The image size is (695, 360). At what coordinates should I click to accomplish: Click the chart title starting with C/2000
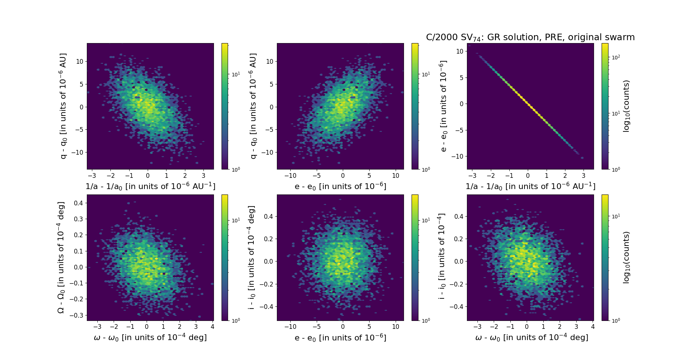530,37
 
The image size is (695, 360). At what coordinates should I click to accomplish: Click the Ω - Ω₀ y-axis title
62,258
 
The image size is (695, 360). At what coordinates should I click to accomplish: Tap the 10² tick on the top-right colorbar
616,57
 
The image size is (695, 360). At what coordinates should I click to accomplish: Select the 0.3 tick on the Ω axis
78,219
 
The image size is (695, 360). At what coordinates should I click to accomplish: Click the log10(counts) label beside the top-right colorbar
627,106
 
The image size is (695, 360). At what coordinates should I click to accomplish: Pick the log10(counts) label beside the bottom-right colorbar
627,258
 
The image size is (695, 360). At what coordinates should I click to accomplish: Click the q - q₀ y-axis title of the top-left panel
63,106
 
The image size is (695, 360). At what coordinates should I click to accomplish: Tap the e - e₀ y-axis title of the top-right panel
443,106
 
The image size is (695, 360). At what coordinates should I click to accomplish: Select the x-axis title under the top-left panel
150,186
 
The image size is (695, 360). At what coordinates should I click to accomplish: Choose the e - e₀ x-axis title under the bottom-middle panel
340,338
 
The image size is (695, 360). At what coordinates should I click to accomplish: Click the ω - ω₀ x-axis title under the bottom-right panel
531,338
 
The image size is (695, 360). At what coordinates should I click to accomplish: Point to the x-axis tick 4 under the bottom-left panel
212,327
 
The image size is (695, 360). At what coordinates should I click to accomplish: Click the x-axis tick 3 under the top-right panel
584,176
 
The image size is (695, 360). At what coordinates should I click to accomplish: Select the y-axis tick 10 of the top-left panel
79,61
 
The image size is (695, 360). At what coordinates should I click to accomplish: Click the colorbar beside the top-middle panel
415,106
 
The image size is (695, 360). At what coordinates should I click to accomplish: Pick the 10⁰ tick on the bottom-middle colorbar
426,320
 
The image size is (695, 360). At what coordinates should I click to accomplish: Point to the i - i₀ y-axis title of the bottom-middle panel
252,258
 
